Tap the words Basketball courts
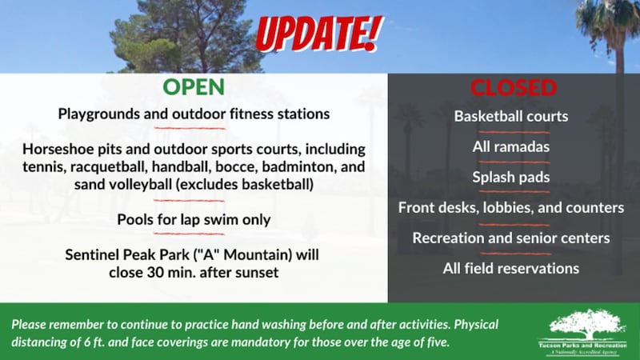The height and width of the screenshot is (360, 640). (511, 116)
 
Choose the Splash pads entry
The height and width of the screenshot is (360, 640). (511, 177)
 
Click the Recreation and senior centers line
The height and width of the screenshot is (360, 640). (511, 238)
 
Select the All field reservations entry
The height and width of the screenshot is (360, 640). (511, 268)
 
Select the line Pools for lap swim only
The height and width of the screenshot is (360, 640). (194, 219)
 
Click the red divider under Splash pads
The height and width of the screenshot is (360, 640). (511, 192)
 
